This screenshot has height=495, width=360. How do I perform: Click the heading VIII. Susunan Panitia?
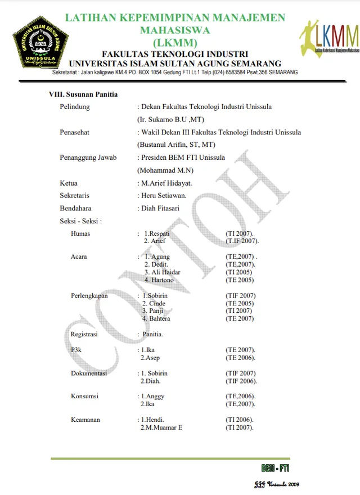(83, 94)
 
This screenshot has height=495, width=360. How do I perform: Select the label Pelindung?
(75, 107)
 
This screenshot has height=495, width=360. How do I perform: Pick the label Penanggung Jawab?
(88, 157)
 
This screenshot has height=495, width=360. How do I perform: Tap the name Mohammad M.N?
(165, 170)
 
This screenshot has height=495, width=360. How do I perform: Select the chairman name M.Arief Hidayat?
(166, 183)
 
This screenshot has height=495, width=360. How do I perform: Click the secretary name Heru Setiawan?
(164, 196)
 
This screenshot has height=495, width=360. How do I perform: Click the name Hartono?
(163, 280)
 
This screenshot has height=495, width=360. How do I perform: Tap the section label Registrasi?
(84, 334)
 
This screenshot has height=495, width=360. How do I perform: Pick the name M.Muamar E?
(164, 428)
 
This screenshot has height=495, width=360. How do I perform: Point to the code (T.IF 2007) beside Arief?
(242, 241)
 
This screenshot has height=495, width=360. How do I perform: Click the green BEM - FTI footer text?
(275, 468)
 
